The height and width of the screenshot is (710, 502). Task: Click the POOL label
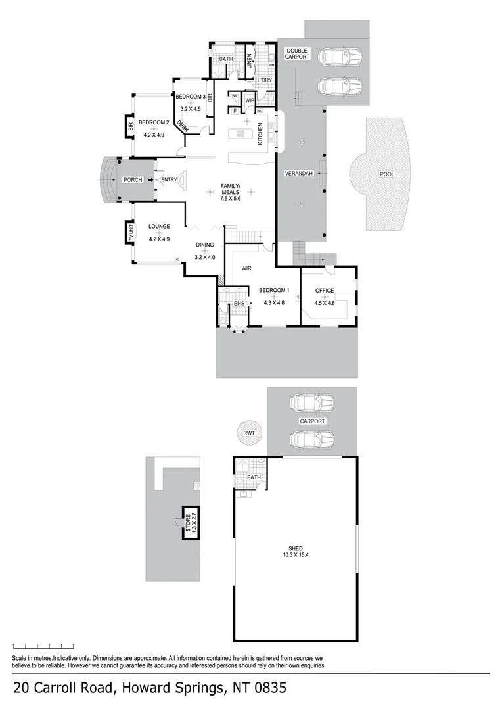click(x=387, y=174)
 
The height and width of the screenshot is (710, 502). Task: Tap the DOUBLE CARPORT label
click(x=296, y=53)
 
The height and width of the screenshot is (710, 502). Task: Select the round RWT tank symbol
click(x=248, y=432)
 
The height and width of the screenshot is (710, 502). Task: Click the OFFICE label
click(x=325, y=291)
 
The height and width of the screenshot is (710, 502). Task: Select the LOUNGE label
click(x=159, y=227)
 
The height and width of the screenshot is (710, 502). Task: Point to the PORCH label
click(x=133, y=179)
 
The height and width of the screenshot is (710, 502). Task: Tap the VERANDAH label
click(x=298, y=174)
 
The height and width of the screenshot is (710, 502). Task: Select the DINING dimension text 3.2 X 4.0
click(x=205, y=257)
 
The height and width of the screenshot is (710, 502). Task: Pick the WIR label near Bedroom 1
click(x=246, y=268)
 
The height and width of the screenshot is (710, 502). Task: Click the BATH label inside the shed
click(x=254, y=478)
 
